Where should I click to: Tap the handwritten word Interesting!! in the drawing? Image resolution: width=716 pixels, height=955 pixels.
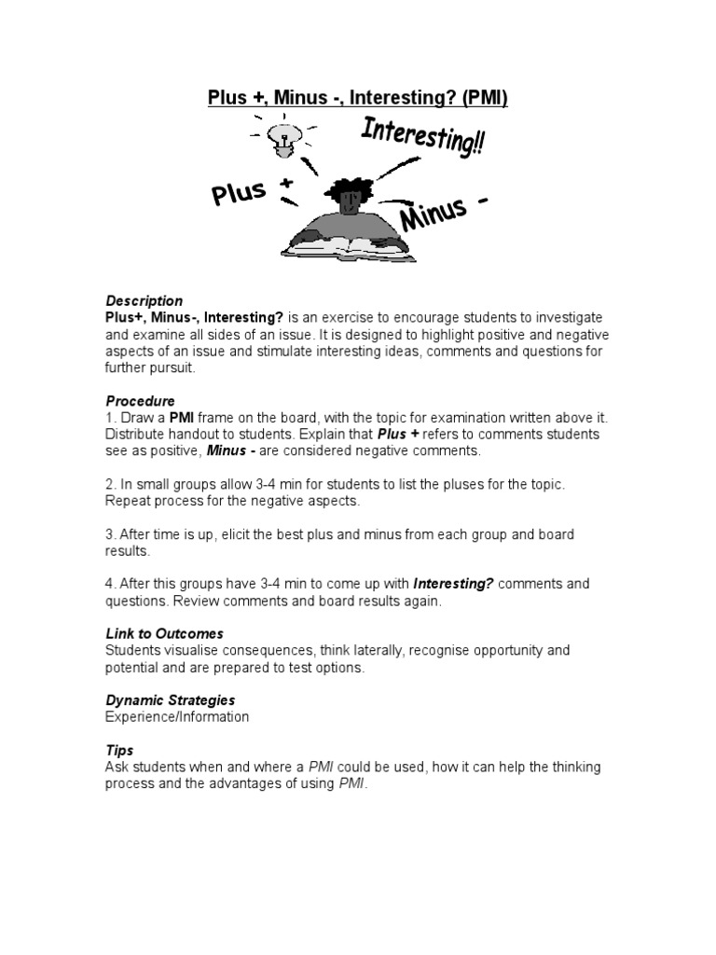421,139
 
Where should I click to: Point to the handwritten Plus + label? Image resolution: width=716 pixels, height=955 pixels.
251,193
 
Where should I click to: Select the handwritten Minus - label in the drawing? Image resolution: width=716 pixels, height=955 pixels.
444,213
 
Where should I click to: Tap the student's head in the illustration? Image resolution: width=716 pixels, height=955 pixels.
349,193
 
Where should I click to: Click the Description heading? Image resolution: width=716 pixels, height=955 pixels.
144,301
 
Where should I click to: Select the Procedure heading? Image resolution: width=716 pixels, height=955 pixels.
140,401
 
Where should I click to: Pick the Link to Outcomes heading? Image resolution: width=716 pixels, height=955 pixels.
164,633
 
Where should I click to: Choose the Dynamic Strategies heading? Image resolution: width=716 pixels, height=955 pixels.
170,700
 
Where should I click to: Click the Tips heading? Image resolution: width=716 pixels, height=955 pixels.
119,750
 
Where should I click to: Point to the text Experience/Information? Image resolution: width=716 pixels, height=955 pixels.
177,717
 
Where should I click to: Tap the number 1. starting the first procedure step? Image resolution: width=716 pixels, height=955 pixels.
110,418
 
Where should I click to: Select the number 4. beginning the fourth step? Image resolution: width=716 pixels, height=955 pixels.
110,584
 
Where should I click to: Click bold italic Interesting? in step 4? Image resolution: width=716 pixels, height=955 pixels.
454,584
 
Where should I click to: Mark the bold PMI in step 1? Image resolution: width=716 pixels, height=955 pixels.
181,418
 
